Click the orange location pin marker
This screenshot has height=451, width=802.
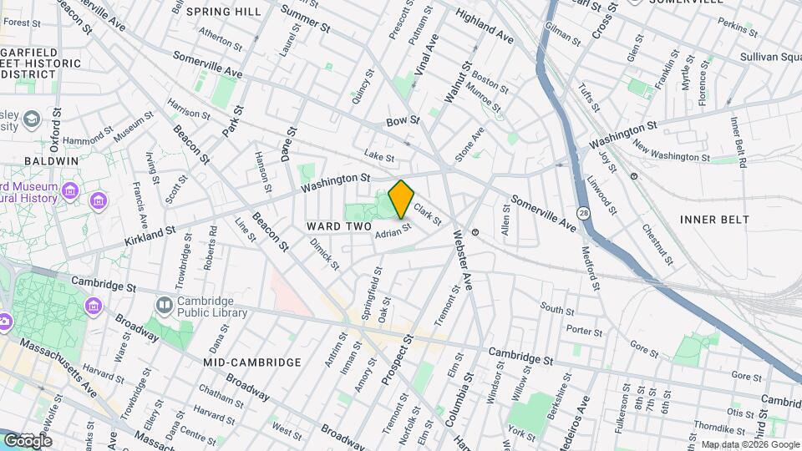(x=401, y=200)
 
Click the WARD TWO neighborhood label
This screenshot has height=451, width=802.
(x=338, y=226)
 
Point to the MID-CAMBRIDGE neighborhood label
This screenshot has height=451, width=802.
(x=251, y=362)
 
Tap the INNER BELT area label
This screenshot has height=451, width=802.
(x=714, y=220)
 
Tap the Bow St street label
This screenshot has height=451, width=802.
(x=402, y=122)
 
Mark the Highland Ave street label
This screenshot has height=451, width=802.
(x=485, y=28)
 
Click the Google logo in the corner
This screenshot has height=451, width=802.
(x=28, y=440)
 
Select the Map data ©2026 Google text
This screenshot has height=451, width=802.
(x=749, y=444)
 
